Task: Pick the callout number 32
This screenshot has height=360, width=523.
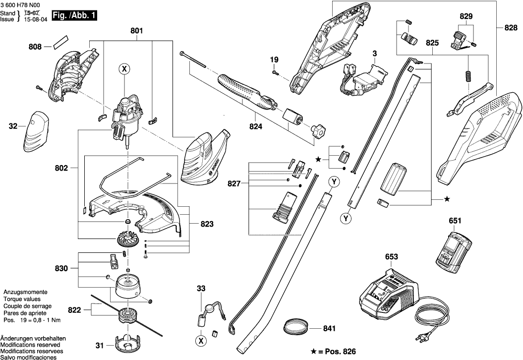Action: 13,126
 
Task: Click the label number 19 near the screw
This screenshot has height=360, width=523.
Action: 274,60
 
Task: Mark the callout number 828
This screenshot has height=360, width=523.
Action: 511,28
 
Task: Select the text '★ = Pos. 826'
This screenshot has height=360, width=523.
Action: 329,351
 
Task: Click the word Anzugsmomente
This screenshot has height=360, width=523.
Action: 25,293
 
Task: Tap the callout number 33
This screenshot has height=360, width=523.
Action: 200,288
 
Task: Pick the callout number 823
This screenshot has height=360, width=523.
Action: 207,224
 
